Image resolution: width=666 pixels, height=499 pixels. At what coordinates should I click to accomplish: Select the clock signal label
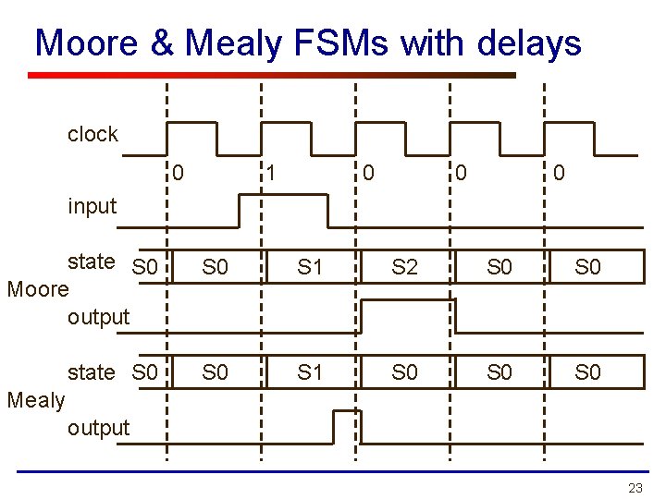(x=92, y=134)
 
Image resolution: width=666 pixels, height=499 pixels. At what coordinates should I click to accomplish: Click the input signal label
(x=92, y=206)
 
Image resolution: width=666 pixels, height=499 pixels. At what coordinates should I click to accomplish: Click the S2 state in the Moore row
(x=404, y=268)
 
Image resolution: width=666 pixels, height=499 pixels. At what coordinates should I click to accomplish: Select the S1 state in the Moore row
(x=310, y=268)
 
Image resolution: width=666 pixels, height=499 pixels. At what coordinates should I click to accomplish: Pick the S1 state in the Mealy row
(x=310, y=372)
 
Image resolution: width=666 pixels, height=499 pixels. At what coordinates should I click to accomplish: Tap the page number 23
(x=635, y=487)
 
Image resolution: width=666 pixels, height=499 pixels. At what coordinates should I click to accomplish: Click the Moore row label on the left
(x=38, y=289)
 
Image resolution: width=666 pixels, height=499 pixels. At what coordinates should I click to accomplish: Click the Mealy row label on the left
(x=35, y=400)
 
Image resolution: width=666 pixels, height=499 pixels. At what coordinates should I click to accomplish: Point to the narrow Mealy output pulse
(x=346, y=424)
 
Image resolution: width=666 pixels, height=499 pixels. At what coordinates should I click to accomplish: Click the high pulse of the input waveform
(x=283, y=209)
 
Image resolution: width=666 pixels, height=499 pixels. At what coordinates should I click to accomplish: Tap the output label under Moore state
(x=98, y=317)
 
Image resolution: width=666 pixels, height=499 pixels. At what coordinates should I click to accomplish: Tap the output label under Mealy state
(x=98, y=428)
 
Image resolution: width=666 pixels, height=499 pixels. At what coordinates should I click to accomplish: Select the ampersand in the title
(x=160, y=43)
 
